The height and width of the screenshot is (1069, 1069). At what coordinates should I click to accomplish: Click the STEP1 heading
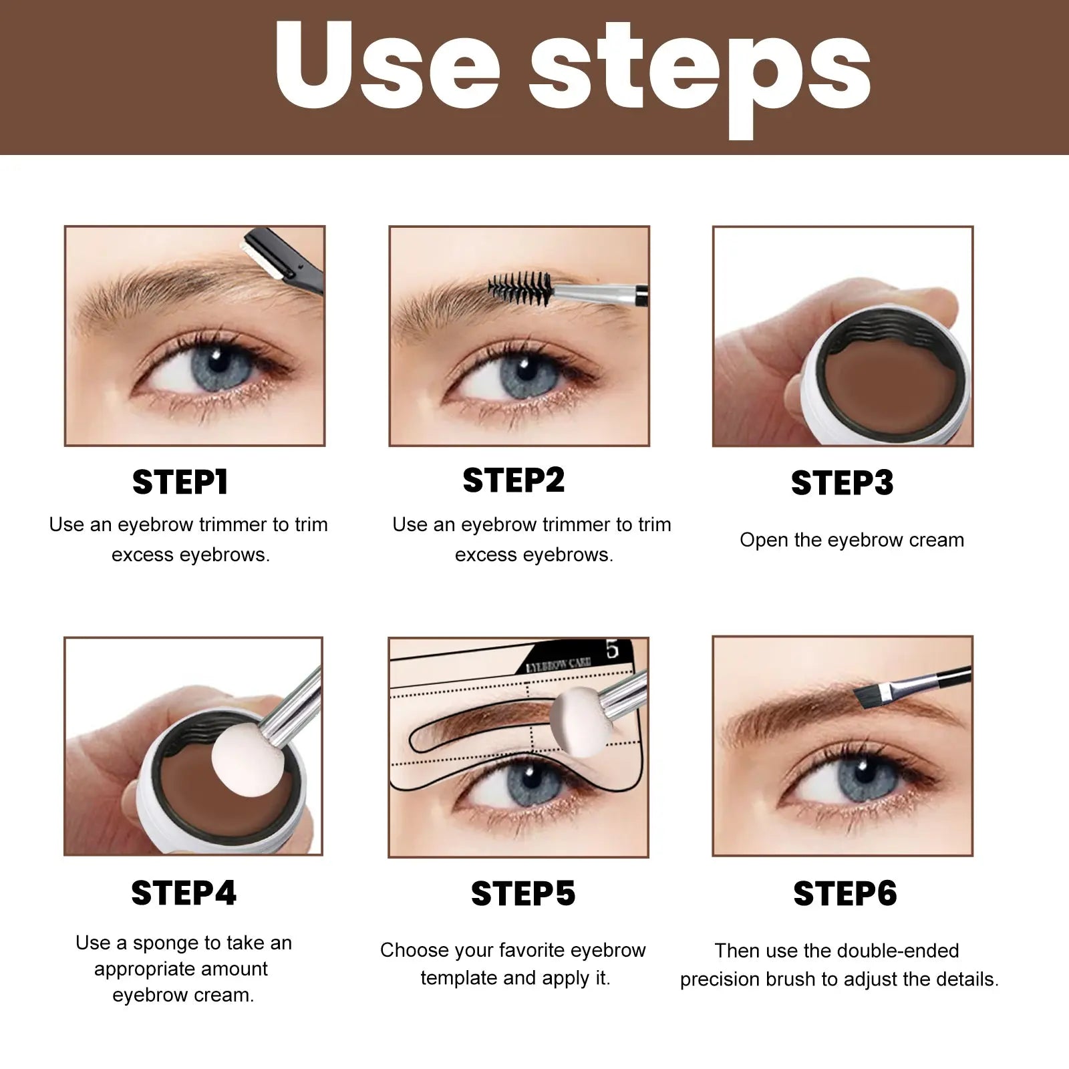click(180, 482)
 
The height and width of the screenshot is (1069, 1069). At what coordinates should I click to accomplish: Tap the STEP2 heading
click(513, 480)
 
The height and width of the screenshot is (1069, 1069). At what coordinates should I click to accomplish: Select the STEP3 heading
click(842, 483)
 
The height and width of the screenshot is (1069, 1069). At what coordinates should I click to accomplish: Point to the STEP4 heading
click(184, 893)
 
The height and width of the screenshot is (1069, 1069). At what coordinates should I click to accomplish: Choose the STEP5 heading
click(522, 893)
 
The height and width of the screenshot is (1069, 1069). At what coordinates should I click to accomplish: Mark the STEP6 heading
click(845, 893)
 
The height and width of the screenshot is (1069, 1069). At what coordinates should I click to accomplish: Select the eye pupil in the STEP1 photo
click(217, 361)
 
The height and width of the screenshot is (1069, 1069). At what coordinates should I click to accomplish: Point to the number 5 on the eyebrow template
click(613, 649)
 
